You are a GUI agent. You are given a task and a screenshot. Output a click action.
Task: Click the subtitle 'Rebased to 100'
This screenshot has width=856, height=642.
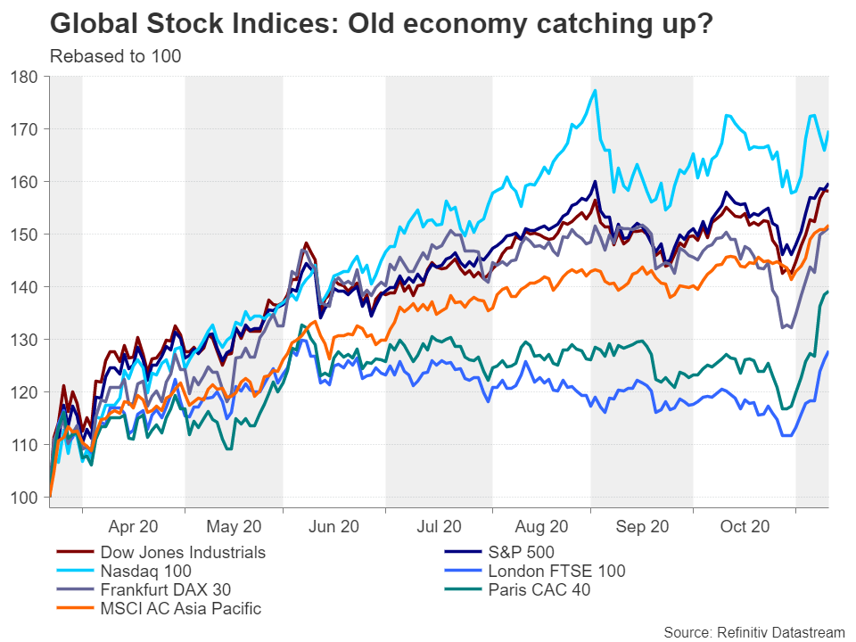point(115,57)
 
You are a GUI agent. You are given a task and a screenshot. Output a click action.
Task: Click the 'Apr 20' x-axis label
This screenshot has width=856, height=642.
point(133,527)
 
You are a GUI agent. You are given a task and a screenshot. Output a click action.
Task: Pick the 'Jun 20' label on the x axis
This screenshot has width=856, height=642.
point(334,527)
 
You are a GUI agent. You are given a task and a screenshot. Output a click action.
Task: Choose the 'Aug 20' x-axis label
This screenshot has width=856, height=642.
point(541,527)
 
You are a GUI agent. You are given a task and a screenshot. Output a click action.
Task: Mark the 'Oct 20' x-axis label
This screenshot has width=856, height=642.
point(744,527)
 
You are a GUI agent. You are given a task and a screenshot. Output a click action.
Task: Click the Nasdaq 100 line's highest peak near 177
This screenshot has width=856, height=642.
point(595,90)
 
